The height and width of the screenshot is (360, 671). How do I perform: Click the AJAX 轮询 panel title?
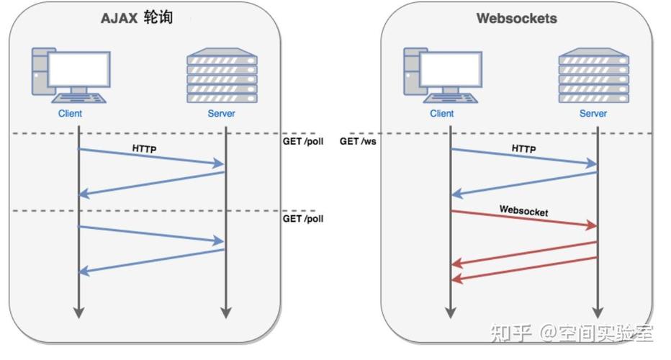[136, 18]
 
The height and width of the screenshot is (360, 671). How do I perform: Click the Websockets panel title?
[516, 18]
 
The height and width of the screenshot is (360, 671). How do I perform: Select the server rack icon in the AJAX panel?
[221, 75]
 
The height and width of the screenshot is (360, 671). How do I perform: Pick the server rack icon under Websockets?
[593, 75]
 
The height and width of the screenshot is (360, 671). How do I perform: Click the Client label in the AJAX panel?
[71, 113]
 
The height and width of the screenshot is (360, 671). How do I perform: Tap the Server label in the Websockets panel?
[593, 113]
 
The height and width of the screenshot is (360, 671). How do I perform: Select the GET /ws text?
[359, 142]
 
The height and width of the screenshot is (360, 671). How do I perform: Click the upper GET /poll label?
[302, 142]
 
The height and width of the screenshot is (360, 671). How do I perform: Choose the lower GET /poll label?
[302, 218]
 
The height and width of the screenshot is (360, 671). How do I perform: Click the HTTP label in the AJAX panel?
[143, 148]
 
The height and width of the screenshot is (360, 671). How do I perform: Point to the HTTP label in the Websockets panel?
[523, 148]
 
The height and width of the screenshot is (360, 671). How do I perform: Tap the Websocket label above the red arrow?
[523, 212]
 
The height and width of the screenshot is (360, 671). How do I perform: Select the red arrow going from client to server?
[523, 219]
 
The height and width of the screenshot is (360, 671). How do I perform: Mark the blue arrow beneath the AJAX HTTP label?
[151, 157]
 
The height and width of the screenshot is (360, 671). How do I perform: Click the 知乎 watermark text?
[510, 332]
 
